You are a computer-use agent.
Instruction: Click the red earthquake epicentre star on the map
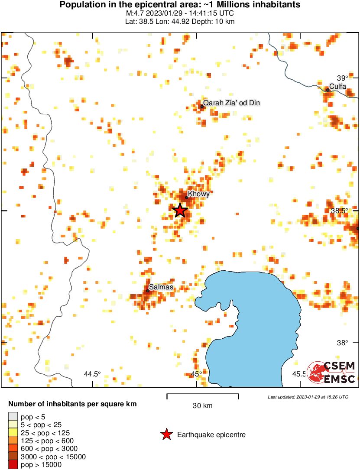(x=180, y=211)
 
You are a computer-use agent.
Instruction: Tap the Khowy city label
(x=199, y=194)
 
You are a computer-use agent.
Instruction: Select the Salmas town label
(x=161, y=287)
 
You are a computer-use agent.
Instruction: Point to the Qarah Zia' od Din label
(x=232, y=103)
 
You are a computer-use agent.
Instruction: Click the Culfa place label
(x=337, y=87)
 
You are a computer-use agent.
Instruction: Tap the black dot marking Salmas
(x=148, y=291)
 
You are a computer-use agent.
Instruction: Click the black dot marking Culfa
(x=328, y=90)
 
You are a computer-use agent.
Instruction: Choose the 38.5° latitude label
(x=339, y=211)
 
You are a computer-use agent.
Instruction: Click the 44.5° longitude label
(x=92, y=374)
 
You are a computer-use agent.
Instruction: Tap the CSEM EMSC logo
(x=331, y=372)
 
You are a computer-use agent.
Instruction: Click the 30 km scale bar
(x=203, y=395)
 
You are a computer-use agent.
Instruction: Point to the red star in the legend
(x=166, y=434)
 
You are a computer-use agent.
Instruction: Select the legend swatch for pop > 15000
(x=13, y=464)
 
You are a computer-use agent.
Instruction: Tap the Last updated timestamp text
(x=308, y=397)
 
